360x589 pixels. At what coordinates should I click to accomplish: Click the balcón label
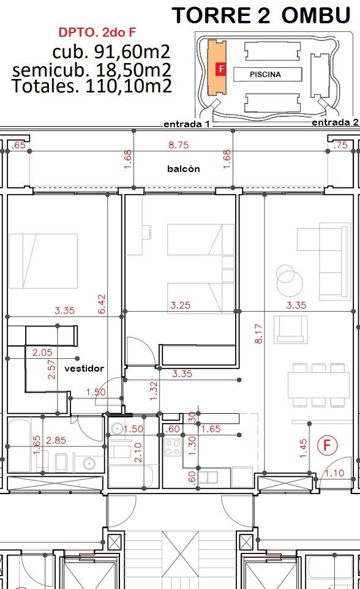pyautogui.click(x=184, y=168)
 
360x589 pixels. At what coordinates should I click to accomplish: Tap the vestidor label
pyautogui.click(x=84, y=368)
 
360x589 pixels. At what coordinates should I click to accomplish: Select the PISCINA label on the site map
pyautogui.click(x=265, y=74)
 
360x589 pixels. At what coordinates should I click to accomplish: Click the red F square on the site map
pyautogui.click(x=221, y=69)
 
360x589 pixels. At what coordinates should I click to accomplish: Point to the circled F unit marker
pyautogui.click(x=328, y=445)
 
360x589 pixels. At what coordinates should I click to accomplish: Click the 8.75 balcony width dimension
pyautogui.click(x=179, y=145)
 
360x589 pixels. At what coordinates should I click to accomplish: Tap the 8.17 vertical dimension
pyautogui.click(x=258, y=334)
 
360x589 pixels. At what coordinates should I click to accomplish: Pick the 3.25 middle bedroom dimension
pyautogui.click(x=181, y=305)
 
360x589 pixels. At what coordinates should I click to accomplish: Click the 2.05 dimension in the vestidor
pyautogui.click(x=42, y=352)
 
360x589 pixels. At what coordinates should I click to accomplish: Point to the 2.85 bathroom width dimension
pyautogui.click(x=56, y=440)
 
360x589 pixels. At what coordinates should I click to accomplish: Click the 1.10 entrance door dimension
pyautogui.click(x=334, y=473)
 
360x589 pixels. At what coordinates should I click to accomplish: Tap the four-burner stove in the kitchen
pyautogui.click(x=173, y=448)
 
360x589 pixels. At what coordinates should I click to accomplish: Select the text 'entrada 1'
pyautogui.click(x=187, y=124)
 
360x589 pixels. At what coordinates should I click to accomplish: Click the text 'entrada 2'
pyautogui.click(x=335, y=122)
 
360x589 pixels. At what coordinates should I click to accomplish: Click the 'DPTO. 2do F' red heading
pyautogui.click(x=97, y=32)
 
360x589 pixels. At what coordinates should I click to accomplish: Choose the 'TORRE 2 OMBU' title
pyautogui.click(x=261, y=16)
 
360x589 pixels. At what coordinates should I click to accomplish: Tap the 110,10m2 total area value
pyautogui.click(x=129, y=86)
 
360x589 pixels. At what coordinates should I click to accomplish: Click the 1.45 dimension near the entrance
pyautogui.click(x=303, y=449)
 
